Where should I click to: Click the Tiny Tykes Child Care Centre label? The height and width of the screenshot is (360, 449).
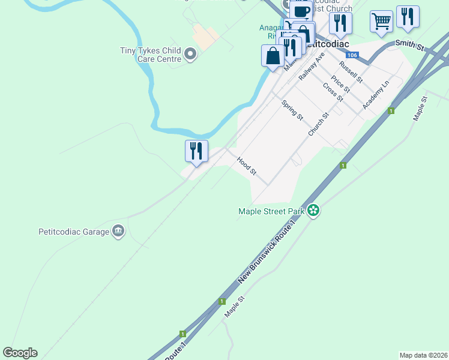pyautogui.click(x=151, y=55)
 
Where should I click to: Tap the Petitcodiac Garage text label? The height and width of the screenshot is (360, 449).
pyautogui.click(x=73, y=231)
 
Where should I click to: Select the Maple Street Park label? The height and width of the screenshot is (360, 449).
pyautogui.click(x=271, y=211)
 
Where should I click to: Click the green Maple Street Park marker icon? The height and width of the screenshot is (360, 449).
pyautogui.click(x=313, y=210)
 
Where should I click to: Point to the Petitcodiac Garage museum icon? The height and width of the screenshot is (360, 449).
pyautogui.click(x=118, y=231)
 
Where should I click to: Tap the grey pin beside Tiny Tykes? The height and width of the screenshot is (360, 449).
pyautogui.click(x=191, y=55)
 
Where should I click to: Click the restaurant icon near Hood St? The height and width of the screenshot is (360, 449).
pyautogui.click(x=196, y=151)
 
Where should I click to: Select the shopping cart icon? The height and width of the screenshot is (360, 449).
pyautogui.click(x=381, y=22)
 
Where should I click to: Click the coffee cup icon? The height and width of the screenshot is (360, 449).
pyautogui.click(x=301, y=11)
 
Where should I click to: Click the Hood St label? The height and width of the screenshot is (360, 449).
pyautogui.click(x=247, y=166)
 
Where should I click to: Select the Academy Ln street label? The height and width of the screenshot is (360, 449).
pyautogui.click(x=376, y=95)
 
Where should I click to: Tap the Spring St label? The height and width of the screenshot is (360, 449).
pyautogui.click(x=292, y=110)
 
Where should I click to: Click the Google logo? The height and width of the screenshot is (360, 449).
pyautogui.click(x=20, y=353)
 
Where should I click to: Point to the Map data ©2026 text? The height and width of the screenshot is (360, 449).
pyautogui.click(x=424, y=355)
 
